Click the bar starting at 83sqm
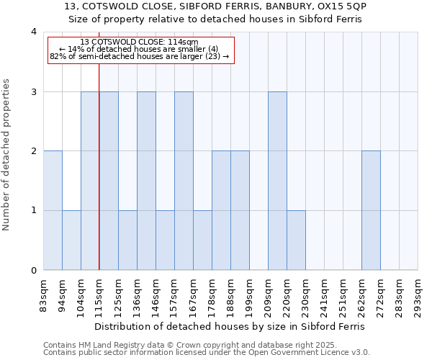pyautogui.click(x=53, y=210)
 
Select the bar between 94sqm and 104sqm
pyautogui.click(x=71, y=240)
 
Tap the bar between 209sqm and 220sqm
pyautogui.click(x=277, y=181)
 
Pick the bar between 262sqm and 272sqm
pyautogui.click(x=371, y=210)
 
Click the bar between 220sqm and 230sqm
pyautogui.click(x=296, y=240)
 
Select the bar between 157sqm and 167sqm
pyautogui.click(x=184, y=181)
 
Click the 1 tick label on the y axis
pyautogui.click(x=33, y=211)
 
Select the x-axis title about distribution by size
pyautogui.click(x=230, y=326)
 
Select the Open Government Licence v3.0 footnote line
pyautogui.click(x=207, y=353)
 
